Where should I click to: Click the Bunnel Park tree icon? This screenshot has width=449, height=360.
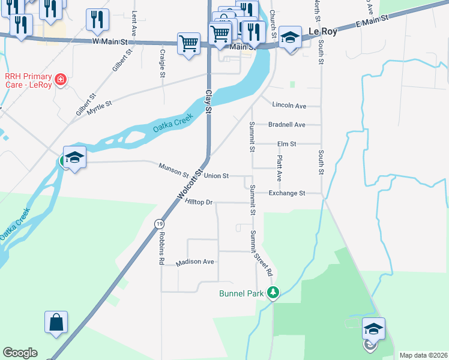pyautogui.click(x=273, y=293)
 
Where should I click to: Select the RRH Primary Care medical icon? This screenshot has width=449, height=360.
pyautogui.click(x=59, y=79)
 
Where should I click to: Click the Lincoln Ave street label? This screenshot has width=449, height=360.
pyautogui.click(x=289, y=106)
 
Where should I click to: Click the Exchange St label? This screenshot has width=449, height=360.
pyautogui.click(x=287, y=193)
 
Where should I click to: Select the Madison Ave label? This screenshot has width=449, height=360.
pyautogui.click(x=195, y=262)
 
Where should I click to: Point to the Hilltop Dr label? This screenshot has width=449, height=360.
pyautogui.click(x=199, y=203)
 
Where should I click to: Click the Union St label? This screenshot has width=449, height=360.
pyautogui.click(x=216, y=176)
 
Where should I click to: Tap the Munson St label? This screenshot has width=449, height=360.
pyautogui.click(x=173, y=170)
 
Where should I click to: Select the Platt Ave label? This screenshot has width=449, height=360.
pyautogui.click(x=279, y=169)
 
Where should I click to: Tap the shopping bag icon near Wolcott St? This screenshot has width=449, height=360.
pyautogui.click(x=56, y=322)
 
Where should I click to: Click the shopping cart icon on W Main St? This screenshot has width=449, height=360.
pyautogui.click(x=188, y=43)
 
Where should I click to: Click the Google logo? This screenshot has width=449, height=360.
pyautogui.click(x=20, y=353)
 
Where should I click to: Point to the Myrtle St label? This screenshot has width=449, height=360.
pyautogui.click(x=100, y=108)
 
